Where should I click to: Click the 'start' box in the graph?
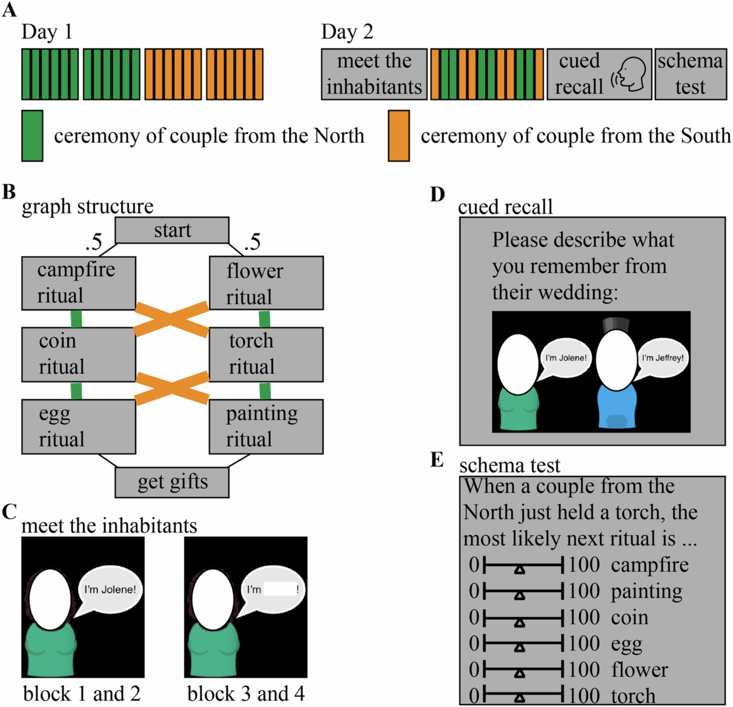click(172, 230)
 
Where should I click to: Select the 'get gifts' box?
click(172, 482)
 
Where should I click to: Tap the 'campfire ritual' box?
click(78, 283)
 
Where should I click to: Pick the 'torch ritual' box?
click(266, 355)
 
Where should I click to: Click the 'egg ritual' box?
click(78, 427)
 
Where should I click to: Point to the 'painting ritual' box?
click(266, 427)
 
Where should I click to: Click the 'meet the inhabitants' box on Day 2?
click(374, 74)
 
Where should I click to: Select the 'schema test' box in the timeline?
click(690, 74)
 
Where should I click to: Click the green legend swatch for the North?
click(32, 136)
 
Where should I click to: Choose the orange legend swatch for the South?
click(399, 136)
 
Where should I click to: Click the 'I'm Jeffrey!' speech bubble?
click(663, 358)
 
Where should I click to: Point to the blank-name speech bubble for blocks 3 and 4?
click(273, 590)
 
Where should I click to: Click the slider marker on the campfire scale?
click(519, 569)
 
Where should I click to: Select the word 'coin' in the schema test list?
click(630, 617)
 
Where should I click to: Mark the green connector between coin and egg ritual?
click(76, 391)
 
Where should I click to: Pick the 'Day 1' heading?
click(47, 32)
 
